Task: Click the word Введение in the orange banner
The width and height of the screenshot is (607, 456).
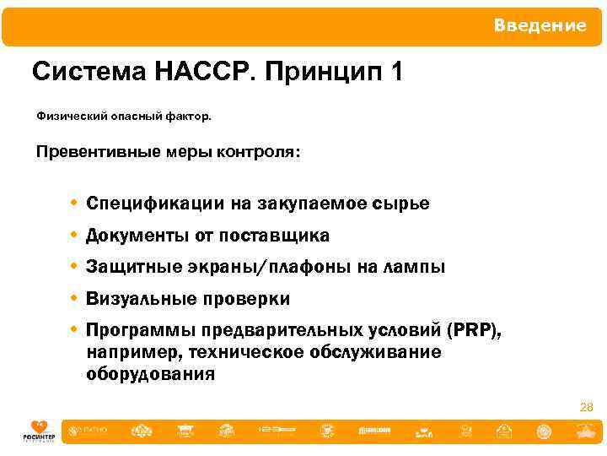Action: point(540,26)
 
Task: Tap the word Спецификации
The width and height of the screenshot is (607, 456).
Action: point(155,204)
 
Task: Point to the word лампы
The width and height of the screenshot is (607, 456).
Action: point(413,268)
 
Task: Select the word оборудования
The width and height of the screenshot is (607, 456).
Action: point(150,373)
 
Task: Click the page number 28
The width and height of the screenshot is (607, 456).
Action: point(587,408)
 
